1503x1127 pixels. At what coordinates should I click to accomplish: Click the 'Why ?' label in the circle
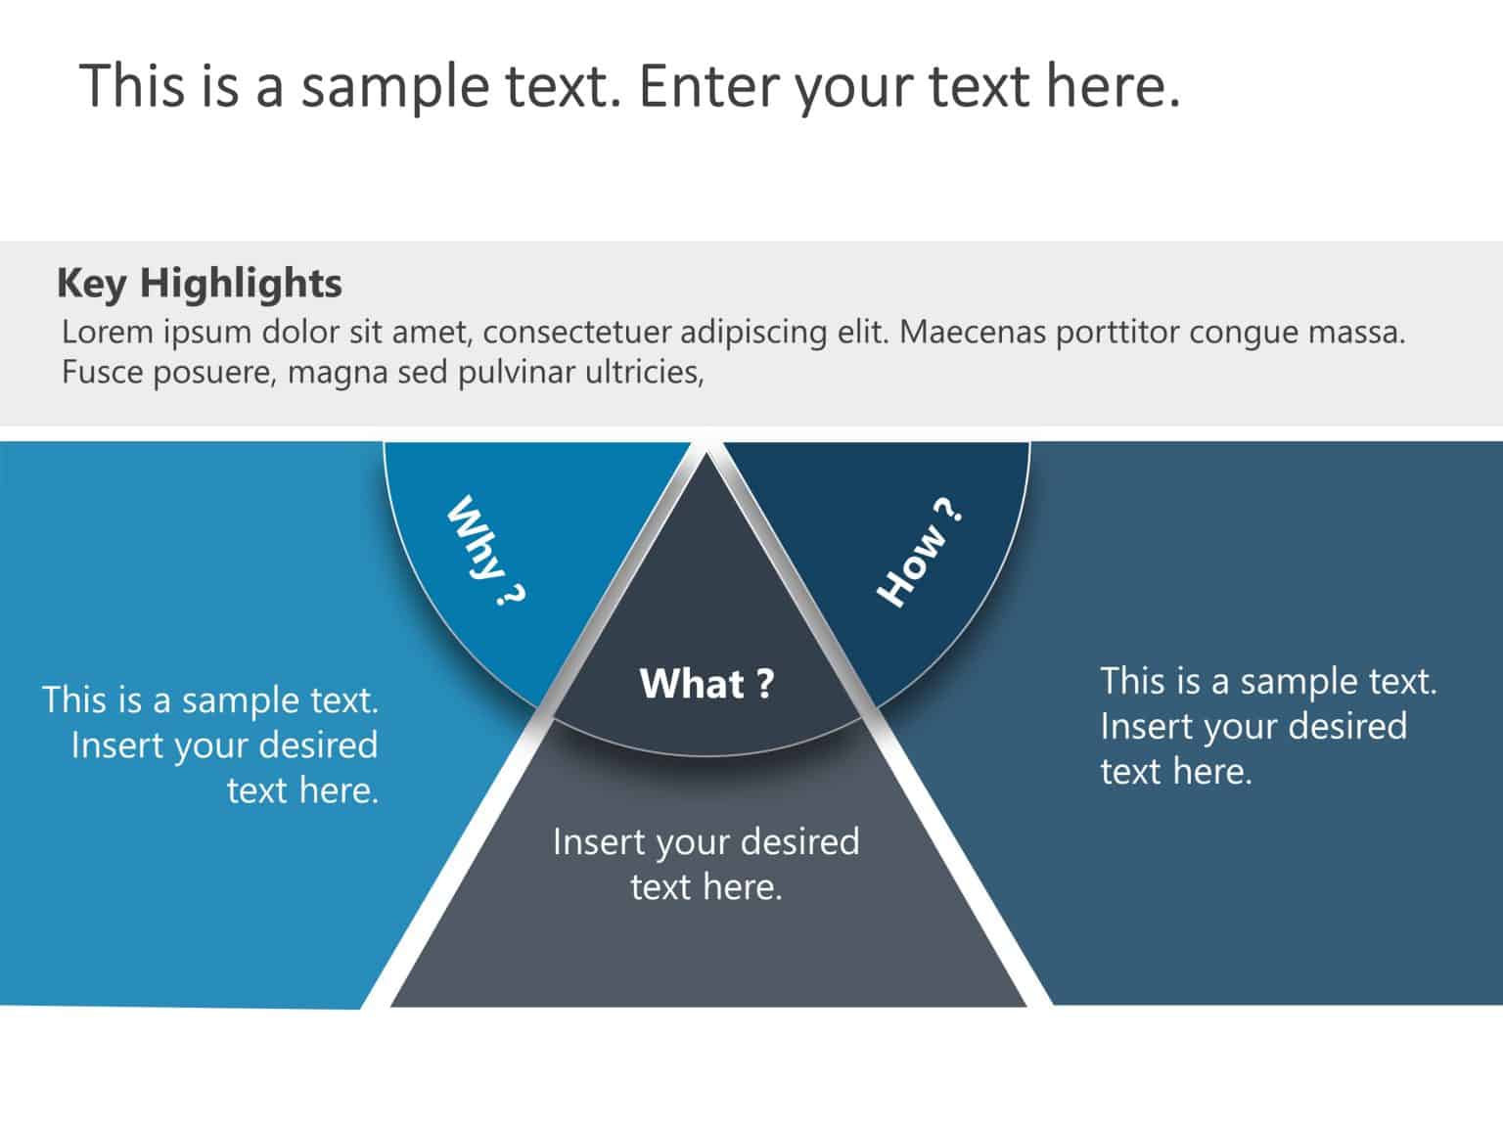[x=484, y=550]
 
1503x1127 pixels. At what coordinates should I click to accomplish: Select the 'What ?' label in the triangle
[x=706, y=683]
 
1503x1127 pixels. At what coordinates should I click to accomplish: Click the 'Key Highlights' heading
[x=200, y=284]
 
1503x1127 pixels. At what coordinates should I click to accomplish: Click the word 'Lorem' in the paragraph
[x=108, y=332]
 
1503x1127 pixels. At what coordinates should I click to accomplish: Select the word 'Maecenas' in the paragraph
[x=973, y=332]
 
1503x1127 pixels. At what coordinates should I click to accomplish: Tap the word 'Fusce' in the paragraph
[x=102, y=373]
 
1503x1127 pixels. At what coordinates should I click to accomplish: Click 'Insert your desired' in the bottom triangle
[x=706, y=842]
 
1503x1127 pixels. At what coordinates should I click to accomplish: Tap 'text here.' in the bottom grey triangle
[x=706, y=886]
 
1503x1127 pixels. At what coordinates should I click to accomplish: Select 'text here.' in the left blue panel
[x=302, y=790]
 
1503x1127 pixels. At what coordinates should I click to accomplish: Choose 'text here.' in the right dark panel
[x=1176, y=771]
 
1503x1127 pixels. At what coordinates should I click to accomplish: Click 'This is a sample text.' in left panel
[x=210, y=700]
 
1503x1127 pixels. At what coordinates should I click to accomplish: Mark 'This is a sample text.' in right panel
[x=1269, y=682]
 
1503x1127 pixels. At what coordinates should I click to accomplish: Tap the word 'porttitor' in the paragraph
[x=1116, y=334]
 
